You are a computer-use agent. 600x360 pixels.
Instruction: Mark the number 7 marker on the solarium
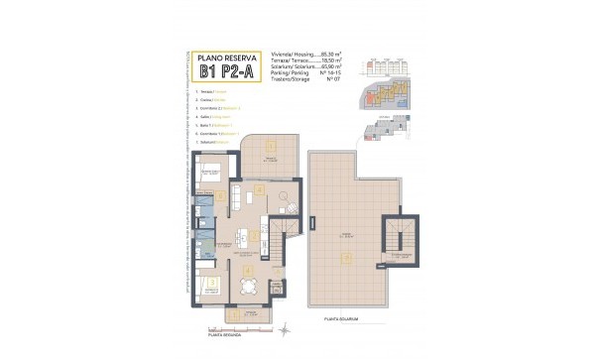pyautogui.click(x=346, y=258)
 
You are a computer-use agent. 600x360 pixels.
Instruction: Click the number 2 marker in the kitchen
pyautogui.click(x=259, y=189)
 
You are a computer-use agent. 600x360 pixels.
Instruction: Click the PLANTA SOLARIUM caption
pyautogui.click(x=342, y=319)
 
